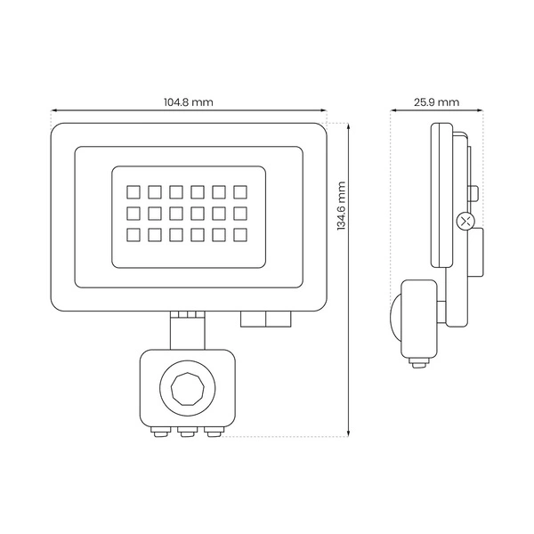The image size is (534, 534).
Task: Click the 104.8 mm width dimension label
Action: [x=189, y=102]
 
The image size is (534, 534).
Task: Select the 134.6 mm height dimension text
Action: [x=341, y=206]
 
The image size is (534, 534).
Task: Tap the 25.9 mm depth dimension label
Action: [x=436, y=102]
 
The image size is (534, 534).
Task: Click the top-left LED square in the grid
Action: [x=132, y=190]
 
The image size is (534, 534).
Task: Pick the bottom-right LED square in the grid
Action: [x=240, y=234]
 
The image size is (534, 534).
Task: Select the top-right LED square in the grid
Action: [x=240, y=190]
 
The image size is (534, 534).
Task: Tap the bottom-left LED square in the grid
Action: [x=132, y=234]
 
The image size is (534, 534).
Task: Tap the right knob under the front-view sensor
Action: [x=213, y=432]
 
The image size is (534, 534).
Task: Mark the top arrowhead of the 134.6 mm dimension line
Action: [x=347, y=125]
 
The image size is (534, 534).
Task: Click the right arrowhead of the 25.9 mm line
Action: [x=480, y=113]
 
